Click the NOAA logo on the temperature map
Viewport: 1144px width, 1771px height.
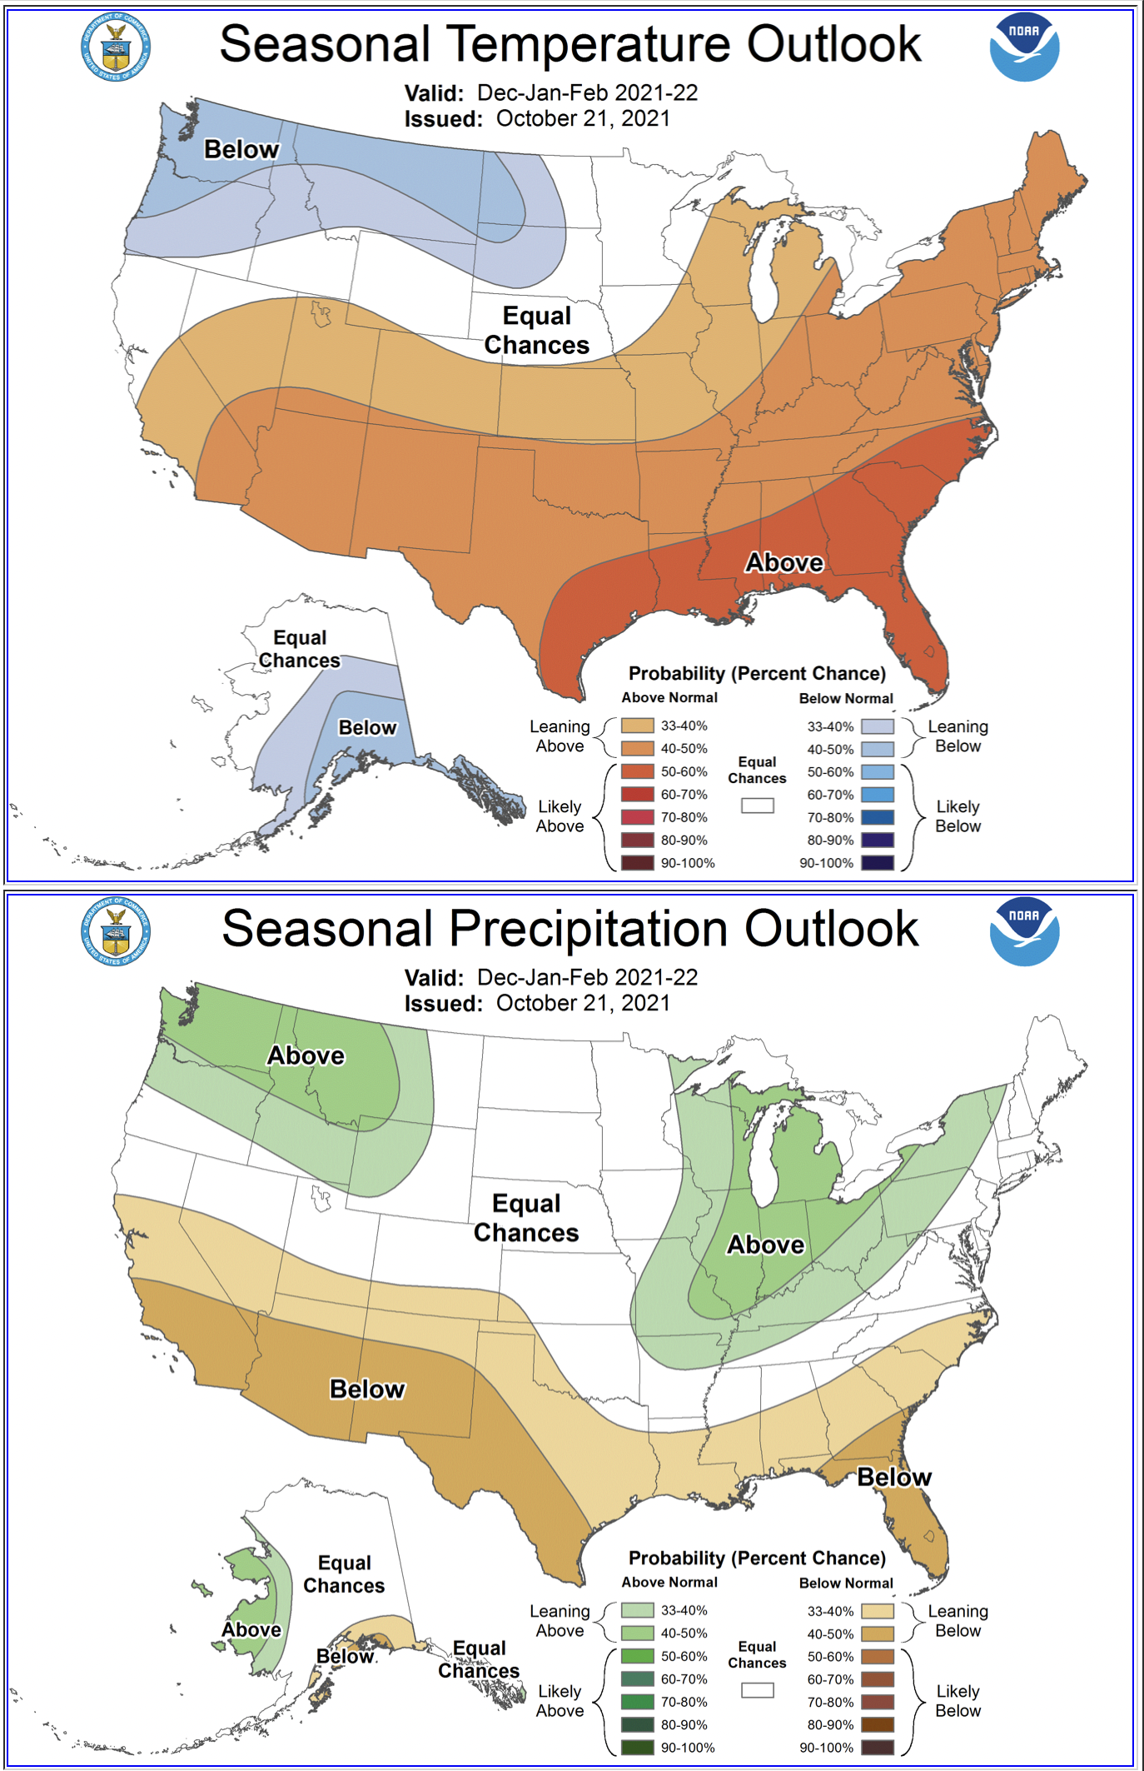tap(1023, 47)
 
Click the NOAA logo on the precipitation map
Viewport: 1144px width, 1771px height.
tap(1023, 932)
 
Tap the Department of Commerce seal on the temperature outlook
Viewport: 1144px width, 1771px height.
tap(116, 47)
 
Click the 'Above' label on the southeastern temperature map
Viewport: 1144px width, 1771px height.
tap(783, 562)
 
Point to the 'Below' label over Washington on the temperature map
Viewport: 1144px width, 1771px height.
tap(241, 149)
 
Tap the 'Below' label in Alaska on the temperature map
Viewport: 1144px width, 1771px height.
tap(367, 727)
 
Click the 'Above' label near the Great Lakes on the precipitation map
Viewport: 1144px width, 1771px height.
tap(765, 1245)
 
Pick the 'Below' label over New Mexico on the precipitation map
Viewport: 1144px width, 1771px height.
tap(367, 1389)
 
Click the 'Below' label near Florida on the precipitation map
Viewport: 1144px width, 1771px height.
tap(894, 1477)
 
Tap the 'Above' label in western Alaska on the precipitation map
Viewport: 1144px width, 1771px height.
tap(251, 1629)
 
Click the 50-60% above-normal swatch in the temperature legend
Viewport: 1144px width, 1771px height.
tap(637, 771)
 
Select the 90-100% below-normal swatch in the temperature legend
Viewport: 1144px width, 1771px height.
tap(878, 863)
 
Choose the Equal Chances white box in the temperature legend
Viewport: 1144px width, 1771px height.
tap(758, 806)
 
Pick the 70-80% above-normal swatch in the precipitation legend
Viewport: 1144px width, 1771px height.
tap(637, 1702)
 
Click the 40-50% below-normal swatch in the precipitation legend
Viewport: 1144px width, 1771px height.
tap(878, 1634)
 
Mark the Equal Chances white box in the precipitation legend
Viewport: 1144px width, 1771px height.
tap(758, 1690)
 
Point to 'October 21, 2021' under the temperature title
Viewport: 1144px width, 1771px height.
tap(583, 118)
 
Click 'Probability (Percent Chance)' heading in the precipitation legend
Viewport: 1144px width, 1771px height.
tap(757, 1558)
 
